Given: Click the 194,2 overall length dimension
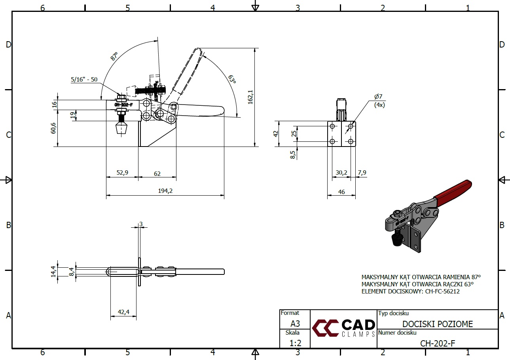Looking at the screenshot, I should point(165,191).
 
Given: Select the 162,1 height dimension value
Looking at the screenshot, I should point(250,97).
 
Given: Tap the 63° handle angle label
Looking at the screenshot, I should point(232,79).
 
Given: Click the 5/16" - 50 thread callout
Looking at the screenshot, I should point(84,79).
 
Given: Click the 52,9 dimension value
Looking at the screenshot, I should point(122,173).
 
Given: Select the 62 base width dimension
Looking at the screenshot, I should point(157,173).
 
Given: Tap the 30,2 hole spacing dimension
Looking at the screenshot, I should point(341,172).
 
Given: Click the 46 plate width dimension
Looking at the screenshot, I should point(341,192).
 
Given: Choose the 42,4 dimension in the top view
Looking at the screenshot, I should point(123,312).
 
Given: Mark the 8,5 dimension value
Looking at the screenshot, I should point(293,154).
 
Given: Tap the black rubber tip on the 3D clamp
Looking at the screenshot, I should point(396,239).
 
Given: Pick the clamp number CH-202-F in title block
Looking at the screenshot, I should point(438,343).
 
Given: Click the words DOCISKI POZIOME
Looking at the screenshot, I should point(438,324).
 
